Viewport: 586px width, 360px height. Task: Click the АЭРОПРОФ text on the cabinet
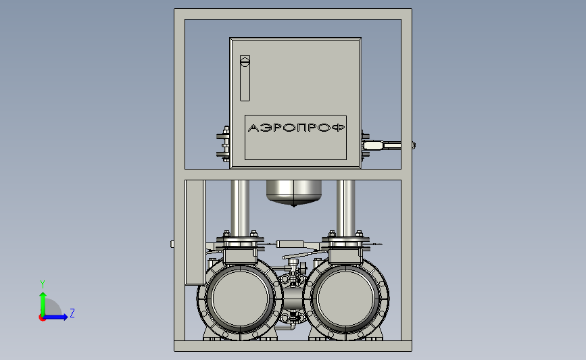pos(296,128)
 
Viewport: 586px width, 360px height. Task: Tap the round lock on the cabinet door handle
pos(245,61)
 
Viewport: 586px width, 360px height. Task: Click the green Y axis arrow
pos(43,305)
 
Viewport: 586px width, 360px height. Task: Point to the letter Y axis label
pos(42,284)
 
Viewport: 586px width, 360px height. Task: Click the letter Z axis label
pos(72,313)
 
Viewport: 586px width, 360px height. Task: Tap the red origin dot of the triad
pos(42,318)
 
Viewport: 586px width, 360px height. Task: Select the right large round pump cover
pos(345,299)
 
